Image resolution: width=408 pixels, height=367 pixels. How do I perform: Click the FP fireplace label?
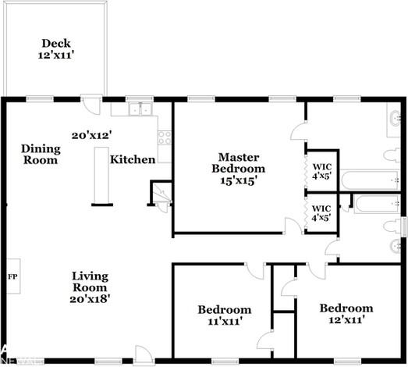point(12,276)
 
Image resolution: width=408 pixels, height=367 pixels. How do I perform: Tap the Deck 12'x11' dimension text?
point(56,55)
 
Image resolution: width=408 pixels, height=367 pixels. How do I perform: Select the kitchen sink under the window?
point(140,109)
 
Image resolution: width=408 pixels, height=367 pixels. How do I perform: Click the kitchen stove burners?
point(165,137)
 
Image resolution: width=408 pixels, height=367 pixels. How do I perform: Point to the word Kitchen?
point(133,159)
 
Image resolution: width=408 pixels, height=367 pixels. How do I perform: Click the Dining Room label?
point(41,154)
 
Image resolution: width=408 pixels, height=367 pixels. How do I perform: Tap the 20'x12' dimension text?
point(92,135)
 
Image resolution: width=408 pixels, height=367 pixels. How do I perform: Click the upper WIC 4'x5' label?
point(322,171)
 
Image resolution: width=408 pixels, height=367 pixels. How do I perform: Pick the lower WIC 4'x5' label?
point(321,213)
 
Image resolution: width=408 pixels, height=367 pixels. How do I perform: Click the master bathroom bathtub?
point(370,180)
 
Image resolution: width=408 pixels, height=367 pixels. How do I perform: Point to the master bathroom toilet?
point(392,155)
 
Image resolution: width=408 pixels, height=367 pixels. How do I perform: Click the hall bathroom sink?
point(396,246)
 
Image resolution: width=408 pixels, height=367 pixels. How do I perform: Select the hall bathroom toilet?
point(392,226)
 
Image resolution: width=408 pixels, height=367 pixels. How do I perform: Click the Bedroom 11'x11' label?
point(225,315)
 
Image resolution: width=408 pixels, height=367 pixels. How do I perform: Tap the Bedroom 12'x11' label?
point(346,314)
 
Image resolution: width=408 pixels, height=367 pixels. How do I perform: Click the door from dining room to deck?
point(91,104)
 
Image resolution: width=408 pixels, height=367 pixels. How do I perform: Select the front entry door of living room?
point(144,355)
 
